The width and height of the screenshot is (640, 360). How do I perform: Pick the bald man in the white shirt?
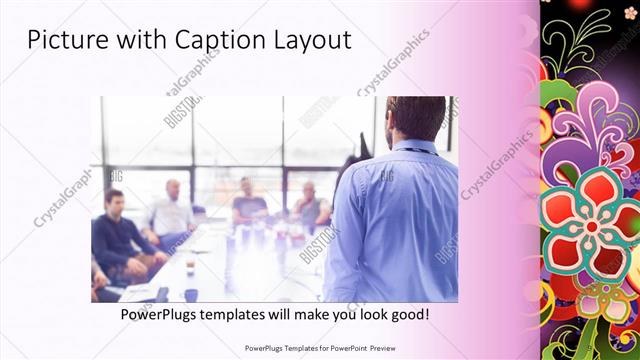click(x=173, y=210)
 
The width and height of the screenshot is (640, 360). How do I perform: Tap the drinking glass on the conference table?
click(x=189, y=268)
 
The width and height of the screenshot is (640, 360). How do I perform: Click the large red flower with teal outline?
click(x=590, y=225)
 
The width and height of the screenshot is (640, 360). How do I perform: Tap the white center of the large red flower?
click(x=592, y=226)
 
